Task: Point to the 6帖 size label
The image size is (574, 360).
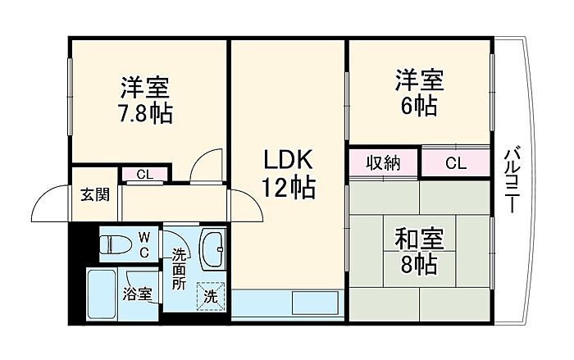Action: point(419,105)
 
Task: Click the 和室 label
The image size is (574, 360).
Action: point(419,240)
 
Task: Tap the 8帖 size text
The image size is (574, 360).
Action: point(419,265)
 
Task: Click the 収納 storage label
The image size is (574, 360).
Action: point(383,162)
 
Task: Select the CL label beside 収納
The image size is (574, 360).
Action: point(455,162)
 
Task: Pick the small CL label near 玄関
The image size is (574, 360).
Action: point(144,173)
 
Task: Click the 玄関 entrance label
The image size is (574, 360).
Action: point(94,194)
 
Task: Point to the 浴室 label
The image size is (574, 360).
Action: point(137,293)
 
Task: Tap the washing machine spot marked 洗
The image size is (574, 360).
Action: point(210,295)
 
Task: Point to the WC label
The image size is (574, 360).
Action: point(144,244)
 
